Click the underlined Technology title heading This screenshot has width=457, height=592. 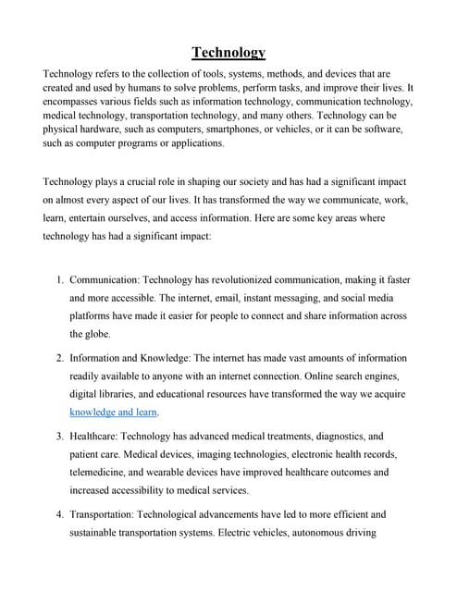tap(228, 53)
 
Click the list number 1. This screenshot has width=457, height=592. tap(58, 278)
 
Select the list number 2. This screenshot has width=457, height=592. tap(58, 357)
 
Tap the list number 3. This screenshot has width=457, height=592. tap(58, 435)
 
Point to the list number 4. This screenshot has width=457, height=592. tap(58, 513)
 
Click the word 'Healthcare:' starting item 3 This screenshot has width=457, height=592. tap(97, 435)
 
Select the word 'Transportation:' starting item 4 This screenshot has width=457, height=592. tap(107, 513)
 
